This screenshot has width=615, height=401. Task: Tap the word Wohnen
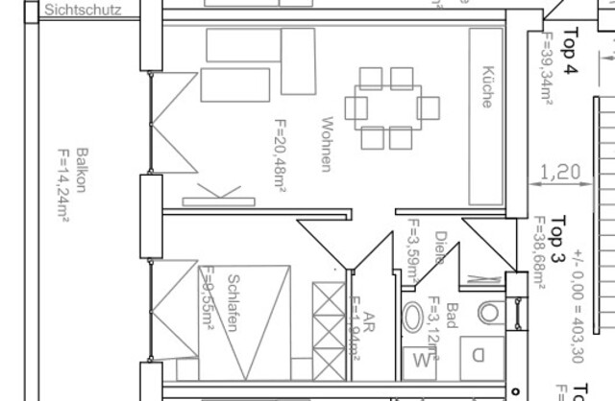pos(326,144)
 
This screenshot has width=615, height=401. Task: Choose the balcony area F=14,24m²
pos(63,184)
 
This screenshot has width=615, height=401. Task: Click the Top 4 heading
pos(571,51)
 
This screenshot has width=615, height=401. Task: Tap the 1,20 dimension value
pos(561,173)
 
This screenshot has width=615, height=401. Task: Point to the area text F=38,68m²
pos(539,254)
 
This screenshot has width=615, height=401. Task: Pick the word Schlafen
pos(232,303)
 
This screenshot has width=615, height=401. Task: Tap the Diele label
pos(439,248)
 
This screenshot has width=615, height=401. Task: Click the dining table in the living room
pos(391,106)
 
